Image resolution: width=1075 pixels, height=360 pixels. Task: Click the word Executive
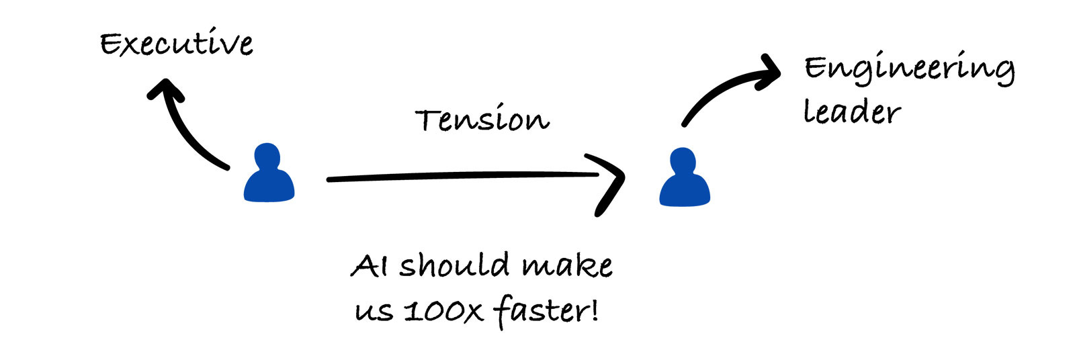click(x=177, y=44)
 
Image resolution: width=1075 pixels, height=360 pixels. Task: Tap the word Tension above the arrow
click(x=482, y=120)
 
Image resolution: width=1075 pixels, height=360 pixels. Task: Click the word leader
click(x=851, y=112)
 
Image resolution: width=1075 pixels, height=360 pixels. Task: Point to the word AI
click(x=369, y=266)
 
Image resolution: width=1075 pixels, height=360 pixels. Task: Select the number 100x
click(x=443, y=311)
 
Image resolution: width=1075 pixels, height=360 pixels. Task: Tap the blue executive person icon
click(x=269, y=176)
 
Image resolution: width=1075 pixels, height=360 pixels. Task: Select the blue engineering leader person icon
click(x=684, y=180)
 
